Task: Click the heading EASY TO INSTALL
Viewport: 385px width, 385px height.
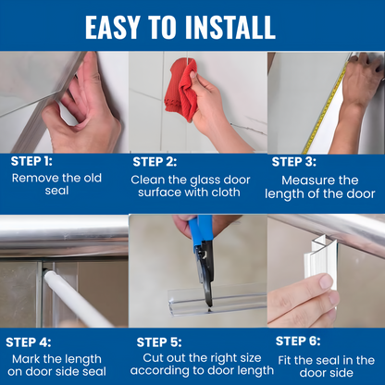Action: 192,26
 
